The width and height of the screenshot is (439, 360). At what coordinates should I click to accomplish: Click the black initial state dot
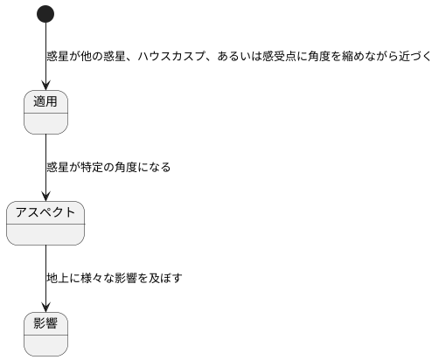[45, 14]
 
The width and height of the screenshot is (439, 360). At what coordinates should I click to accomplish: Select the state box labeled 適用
[45, 112]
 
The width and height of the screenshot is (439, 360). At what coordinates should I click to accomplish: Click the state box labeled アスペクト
[45, 223]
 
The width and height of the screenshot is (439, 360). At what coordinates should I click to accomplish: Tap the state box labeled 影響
[45, 333]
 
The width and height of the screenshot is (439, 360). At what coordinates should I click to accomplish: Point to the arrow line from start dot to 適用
[45, 52]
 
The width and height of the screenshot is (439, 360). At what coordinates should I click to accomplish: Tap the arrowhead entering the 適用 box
[45, 86]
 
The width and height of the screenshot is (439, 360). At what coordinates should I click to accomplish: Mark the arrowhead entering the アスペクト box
[45, 197]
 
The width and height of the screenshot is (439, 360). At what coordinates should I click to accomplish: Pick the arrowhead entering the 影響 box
[45, 307]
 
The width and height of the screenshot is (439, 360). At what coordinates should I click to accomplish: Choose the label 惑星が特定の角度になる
[108, 167]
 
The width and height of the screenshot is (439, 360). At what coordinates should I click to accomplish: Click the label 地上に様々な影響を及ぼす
[114, 278]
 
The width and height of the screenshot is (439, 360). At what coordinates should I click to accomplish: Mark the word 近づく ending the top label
[418, 57]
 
